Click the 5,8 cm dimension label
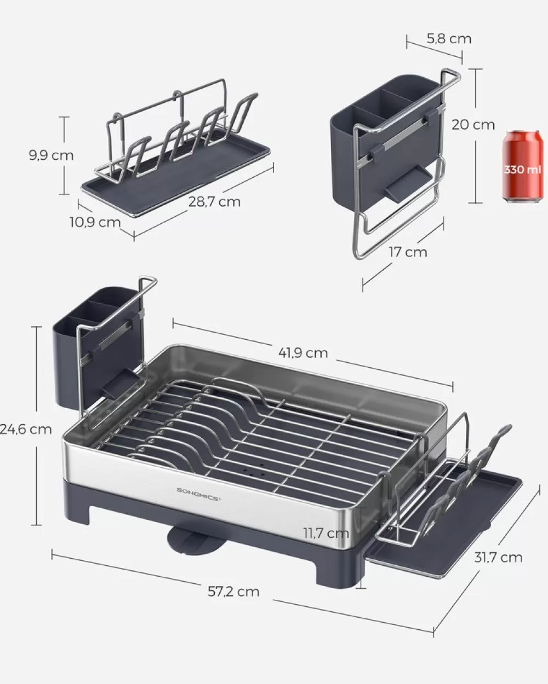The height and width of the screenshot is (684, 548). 448,38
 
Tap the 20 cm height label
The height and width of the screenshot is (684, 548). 473,125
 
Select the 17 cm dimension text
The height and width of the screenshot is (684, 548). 407,252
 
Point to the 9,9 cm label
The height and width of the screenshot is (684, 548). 51,155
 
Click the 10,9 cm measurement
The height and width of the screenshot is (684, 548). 95,222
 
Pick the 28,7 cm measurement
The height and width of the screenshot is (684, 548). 214,201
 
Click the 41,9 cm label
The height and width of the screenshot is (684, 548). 302,353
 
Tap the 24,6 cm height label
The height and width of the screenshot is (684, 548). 26,429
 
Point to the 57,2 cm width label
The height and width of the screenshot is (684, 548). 233,591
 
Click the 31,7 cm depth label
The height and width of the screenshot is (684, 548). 498,557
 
